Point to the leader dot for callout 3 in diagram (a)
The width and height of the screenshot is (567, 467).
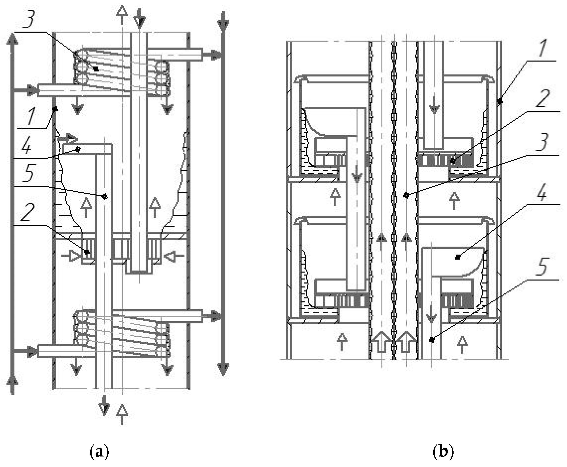[96, 69]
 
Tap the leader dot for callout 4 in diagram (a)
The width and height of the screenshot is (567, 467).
[78, 149]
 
